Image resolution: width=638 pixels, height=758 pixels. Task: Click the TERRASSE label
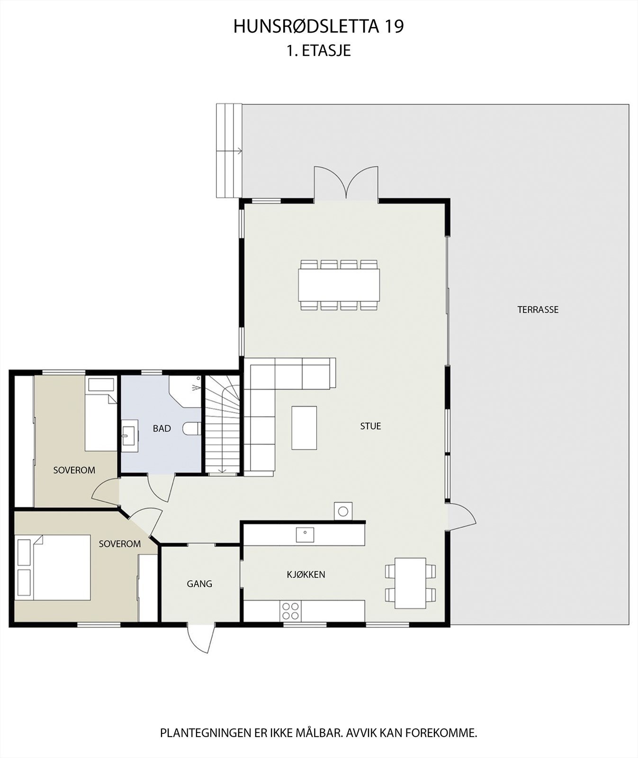coord(538,310)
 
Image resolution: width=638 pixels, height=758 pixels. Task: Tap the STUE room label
coord(370,426)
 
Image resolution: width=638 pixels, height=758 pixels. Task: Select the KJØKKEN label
coord(306,575)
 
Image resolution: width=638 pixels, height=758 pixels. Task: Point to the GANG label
coord(199,584)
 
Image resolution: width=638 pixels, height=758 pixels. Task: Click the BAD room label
coord(162,429)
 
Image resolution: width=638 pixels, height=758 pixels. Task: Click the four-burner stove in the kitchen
coord(290,611)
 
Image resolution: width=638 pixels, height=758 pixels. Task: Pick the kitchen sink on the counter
coord(305,534)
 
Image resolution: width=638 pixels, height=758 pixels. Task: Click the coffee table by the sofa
coord(304,427)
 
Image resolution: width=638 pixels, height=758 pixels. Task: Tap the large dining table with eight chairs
coord(339,285)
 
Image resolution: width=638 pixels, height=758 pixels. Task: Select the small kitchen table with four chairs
coord(410,583)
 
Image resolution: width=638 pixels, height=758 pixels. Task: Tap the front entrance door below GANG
coord(201,639)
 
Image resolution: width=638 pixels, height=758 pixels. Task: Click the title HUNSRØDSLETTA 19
coord(318,27)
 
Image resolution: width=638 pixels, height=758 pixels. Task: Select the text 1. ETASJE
coord(318,51)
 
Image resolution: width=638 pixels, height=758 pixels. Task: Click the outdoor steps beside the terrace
coord(229,151)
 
